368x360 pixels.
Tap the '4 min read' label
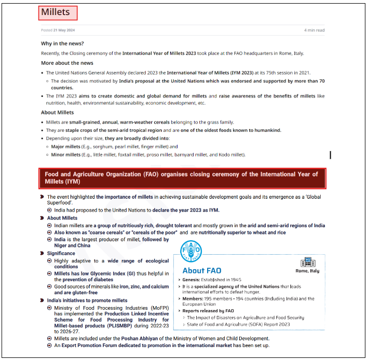[314, 30]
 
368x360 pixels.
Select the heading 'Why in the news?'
[62, 44]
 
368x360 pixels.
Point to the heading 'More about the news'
[67, 63]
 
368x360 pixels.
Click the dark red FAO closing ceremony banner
[182, 178]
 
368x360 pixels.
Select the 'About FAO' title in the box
[201, 270]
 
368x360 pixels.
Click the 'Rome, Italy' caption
[308, 271]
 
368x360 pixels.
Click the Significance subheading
[61, 253]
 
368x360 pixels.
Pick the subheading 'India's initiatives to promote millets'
[87, 300]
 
